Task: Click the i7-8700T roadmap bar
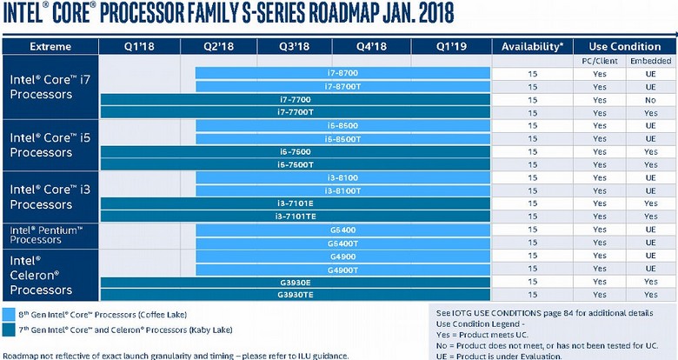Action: (343, 87)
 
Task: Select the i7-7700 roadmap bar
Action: (296, 100)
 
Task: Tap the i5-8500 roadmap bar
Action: (343, 126)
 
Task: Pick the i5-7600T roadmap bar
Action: (296, 164)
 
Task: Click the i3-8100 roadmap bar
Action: (343, 177)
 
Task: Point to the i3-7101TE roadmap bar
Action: (296, 216)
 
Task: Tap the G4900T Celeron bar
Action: (343, 269)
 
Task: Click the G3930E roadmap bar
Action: (296, 282)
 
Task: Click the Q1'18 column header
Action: (139, 46)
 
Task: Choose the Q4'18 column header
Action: (372, 46)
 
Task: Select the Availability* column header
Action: (532, 46)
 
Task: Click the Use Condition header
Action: (625, 46)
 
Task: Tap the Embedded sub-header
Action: (651, 61)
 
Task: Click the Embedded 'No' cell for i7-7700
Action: (651, 100)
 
